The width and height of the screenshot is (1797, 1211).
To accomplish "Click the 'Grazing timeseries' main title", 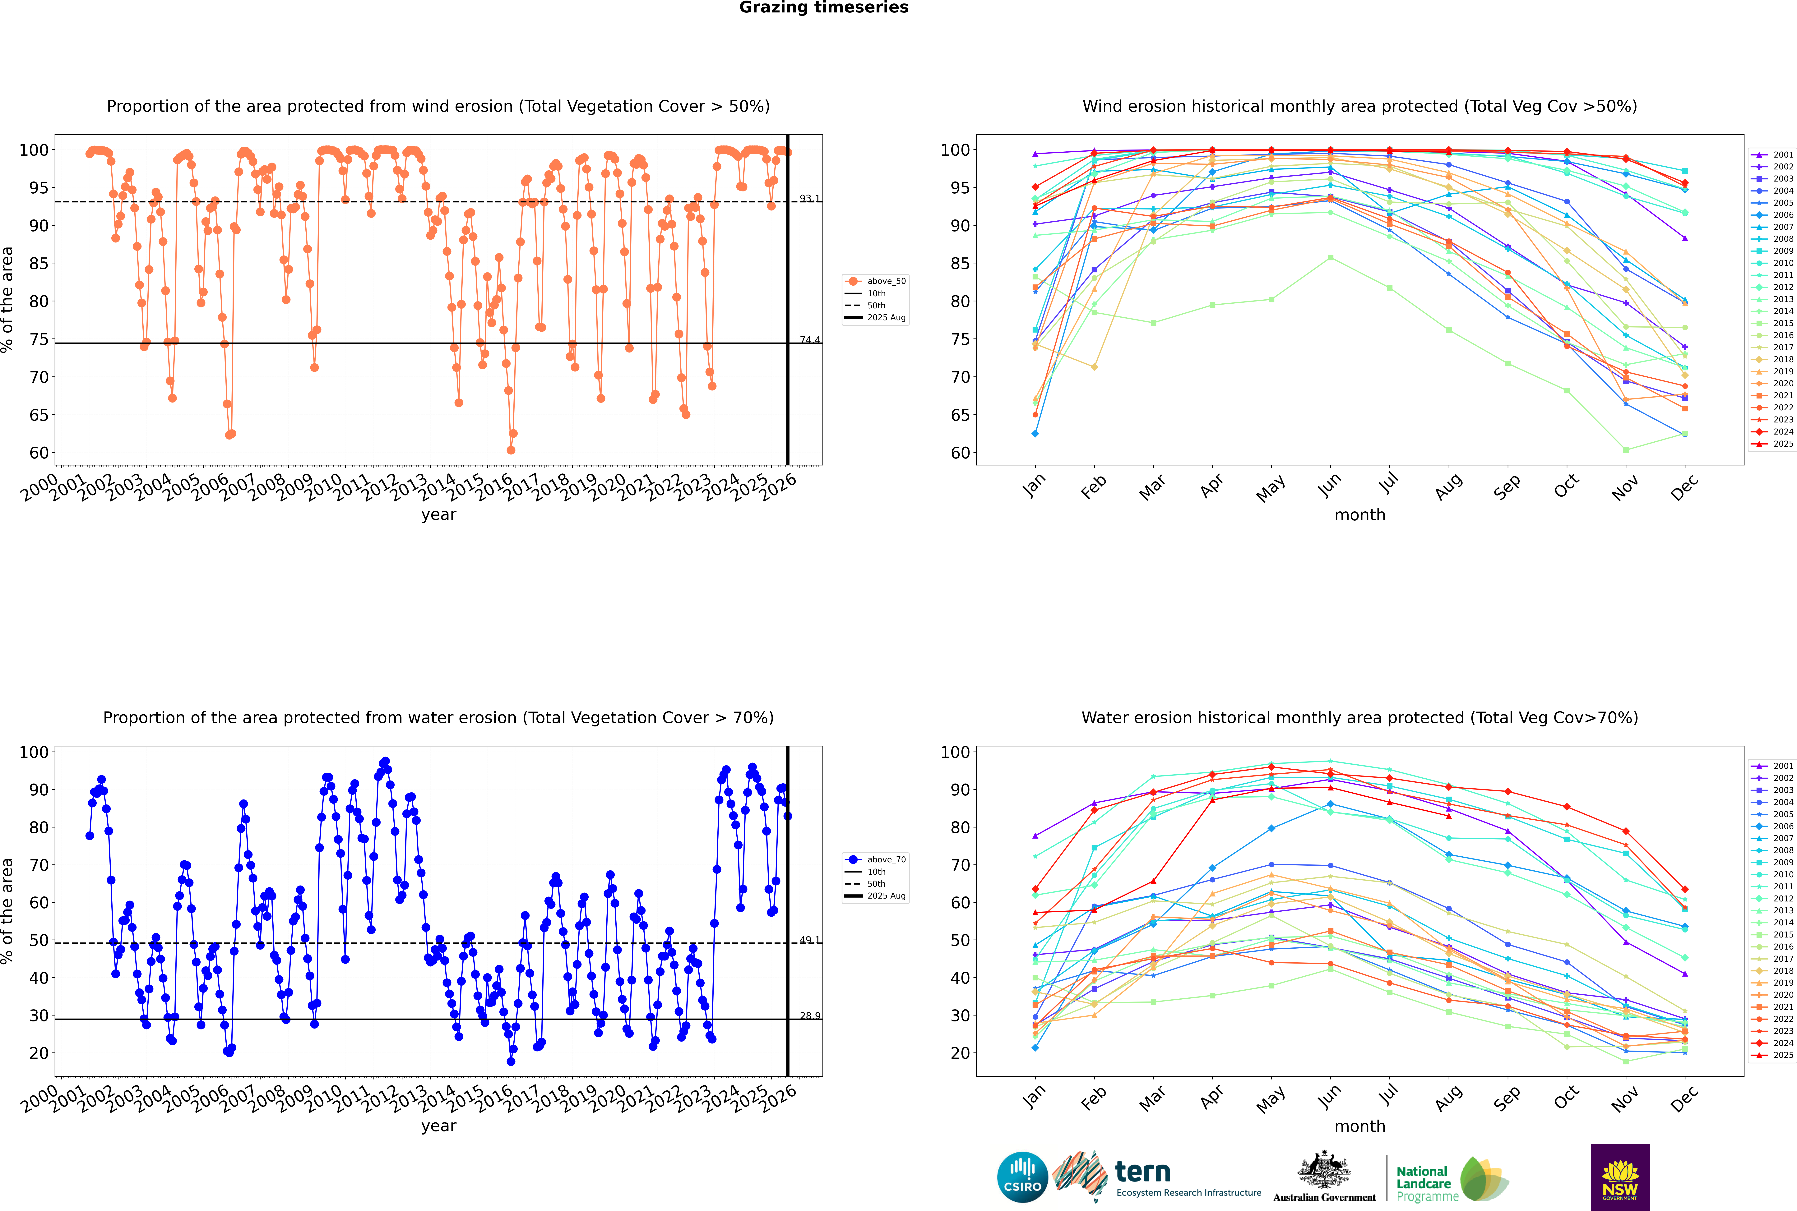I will (824, 8).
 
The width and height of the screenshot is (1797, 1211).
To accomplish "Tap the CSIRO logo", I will (1022, 1178).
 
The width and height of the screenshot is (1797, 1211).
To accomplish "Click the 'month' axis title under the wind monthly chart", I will (1360, 515).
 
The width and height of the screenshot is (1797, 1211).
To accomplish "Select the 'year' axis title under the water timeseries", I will (439, 1126).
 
